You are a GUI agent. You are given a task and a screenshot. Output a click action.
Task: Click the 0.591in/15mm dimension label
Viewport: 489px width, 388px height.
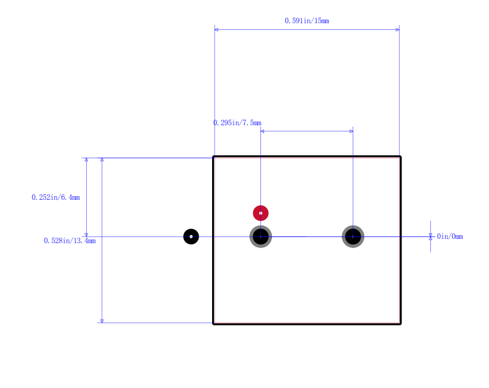pyautogui.click(x=307, y=21)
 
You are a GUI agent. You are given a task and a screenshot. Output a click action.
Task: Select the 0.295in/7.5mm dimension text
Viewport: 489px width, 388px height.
pyautogui.click(x=237, y=123)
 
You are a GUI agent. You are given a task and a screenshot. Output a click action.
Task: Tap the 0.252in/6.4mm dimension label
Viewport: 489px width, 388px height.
pyautogui.click(x=56, y=197)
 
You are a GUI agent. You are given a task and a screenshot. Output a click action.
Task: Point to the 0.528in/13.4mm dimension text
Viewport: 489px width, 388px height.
pyautogui.click(x=70, y=241)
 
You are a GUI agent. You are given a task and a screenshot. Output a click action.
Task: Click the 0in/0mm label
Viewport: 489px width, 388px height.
pyautogui.click(x=450, y=236)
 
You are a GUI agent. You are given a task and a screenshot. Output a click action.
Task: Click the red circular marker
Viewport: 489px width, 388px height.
pyautogui.click(x=261, y=213)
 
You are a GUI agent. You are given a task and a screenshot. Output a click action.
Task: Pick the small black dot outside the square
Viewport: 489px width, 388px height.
pyautogui.click(x=191, y=236)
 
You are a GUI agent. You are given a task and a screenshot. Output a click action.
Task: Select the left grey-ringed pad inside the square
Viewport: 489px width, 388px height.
pyautogui.click(x=261, y=236)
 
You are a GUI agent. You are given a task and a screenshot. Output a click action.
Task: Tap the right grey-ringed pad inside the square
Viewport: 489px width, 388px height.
pyautogui.click(x=353, y=236)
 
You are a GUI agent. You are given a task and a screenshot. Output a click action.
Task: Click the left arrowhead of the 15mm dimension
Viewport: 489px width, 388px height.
pyautogui.click(x=216, y=29)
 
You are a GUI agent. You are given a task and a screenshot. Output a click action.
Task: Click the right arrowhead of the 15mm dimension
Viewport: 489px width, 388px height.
pyautogui.click(x=398, y=29)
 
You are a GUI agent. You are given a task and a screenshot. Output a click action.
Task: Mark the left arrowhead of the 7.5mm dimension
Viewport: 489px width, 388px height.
pyautogui.click(x=263, y=131)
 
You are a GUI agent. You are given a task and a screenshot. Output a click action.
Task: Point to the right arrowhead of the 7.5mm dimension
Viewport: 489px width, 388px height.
pyautogui.click(x=351, y=131)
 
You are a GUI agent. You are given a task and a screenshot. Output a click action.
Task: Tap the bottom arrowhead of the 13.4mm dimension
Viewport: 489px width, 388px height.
pyautogui.click(x=102, y=321)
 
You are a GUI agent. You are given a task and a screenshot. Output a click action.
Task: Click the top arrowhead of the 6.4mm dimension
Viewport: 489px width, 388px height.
pyautogui.click(x=86, y=160)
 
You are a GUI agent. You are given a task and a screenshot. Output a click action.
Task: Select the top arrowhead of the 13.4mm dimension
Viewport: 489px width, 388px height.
pyautogui.click(x=102, y=160)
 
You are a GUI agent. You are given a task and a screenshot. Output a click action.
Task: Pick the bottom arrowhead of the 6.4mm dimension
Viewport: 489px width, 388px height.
pyautogui.click(x=86, y=235)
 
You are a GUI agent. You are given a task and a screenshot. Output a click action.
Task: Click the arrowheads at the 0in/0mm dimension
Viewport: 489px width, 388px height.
pyautogui.click(x=431, y=236)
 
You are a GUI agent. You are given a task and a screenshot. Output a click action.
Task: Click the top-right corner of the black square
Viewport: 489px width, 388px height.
pyautogui.click(x=400, y=156)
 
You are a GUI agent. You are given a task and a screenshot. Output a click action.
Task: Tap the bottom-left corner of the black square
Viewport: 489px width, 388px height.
pyautogui.click(x=213, y=324)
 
